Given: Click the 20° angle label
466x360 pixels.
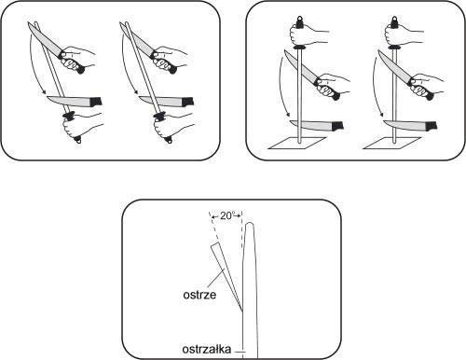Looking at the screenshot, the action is coord(226,215).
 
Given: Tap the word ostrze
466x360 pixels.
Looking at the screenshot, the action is coord(199,295).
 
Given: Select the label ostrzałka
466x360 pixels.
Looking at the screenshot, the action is coord(207,349).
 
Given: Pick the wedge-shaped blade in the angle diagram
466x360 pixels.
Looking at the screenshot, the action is coord(226,277).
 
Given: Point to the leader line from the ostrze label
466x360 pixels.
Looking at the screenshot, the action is coord(214,280).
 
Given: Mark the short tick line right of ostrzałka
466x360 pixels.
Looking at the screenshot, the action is coord(240,352).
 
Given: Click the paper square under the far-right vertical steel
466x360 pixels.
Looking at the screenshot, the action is coord(391,143).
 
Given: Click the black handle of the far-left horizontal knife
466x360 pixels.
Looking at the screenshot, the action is coord(96,102).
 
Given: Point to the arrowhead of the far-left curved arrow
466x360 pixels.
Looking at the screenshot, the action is coord(44,92).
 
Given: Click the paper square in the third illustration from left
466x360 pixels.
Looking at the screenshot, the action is coord(297,143).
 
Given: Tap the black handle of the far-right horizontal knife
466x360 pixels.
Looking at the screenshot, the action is coord(432,126).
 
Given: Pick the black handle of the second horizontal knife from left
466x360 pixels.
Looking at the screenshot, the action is coord(188,102).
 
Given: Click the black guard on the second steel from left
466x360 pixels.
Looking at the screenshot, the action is coord(160,116).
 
